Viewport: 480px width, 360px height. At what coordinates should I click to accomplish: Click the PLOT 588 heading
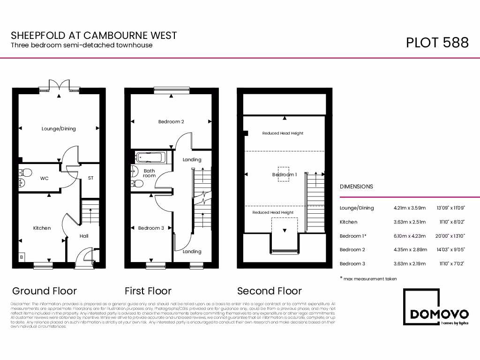(x=437, y=42)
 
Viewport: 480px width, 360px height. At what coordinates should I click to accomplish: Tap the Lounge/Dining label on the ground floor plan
(x=59, y=129)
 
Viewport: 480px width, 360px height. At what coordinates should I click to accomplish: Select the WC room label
(x=45, y=179)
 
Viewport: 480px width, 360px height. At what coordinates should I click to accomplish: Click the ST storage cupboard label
(x=90, y=179)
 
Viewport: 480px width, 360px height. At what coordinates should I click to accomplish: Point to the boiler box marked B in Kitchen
(x=21, y=257)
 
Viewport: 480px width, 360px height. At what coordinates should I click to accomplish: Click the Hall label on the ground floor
(x=84, y=236)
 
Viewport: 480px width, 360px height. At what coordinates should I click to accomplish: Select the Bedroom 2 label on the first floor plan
(x=171, y=122)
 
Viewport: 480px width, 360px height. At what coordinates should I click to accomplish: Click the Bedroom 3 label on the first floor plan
(x=151, y=228)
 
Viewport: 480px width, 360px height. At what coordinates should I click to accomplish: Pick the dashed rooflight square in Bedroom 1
(x=284, y=174)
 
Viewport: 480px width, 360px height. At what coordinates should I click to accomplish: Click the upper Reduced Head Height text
(x=283, y=134)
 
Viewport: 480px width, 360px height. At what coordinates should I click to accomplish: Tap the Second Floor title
(x=269, y=291)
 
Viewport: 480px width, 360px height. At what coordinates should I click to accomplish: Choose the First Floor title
(x=148, y=291)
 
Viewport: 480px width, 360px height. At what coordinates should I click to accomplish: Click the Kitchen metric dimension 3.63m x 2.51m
(x=410, y=222)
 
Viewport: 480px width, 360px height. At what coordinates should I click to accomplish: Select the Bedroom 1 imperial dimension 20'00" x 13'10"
(x=450, y=236)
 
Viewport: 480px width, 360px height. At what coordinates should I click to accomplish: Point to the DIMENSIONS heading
(x=356, y=187)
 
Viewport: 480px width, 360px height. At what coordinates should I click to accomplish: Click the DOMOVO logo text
(x=439, y=314)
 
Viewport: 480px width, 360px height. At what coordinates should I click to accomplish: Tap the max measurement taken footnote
(x=370, y=279)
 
